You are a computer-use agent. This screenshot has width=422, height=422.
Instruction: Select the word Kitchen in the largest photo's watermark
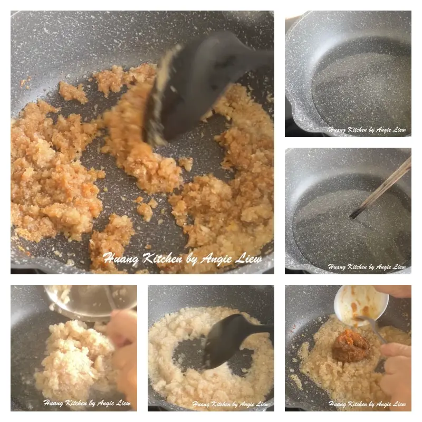[x=159, y=258]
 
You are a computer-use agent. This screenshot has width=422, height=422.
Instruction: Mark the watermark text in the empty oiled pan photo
[x=367, y=130]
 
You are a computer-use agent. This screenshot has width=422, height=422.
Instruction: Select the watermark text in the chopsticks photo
[x=367, y=267]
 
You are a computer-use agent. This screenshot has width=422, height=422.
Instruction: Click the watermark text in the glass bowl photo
[x=87, y=404]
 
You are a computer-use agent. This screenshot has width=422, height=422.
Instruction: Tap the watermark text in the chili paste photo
[x=367, y=404]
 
